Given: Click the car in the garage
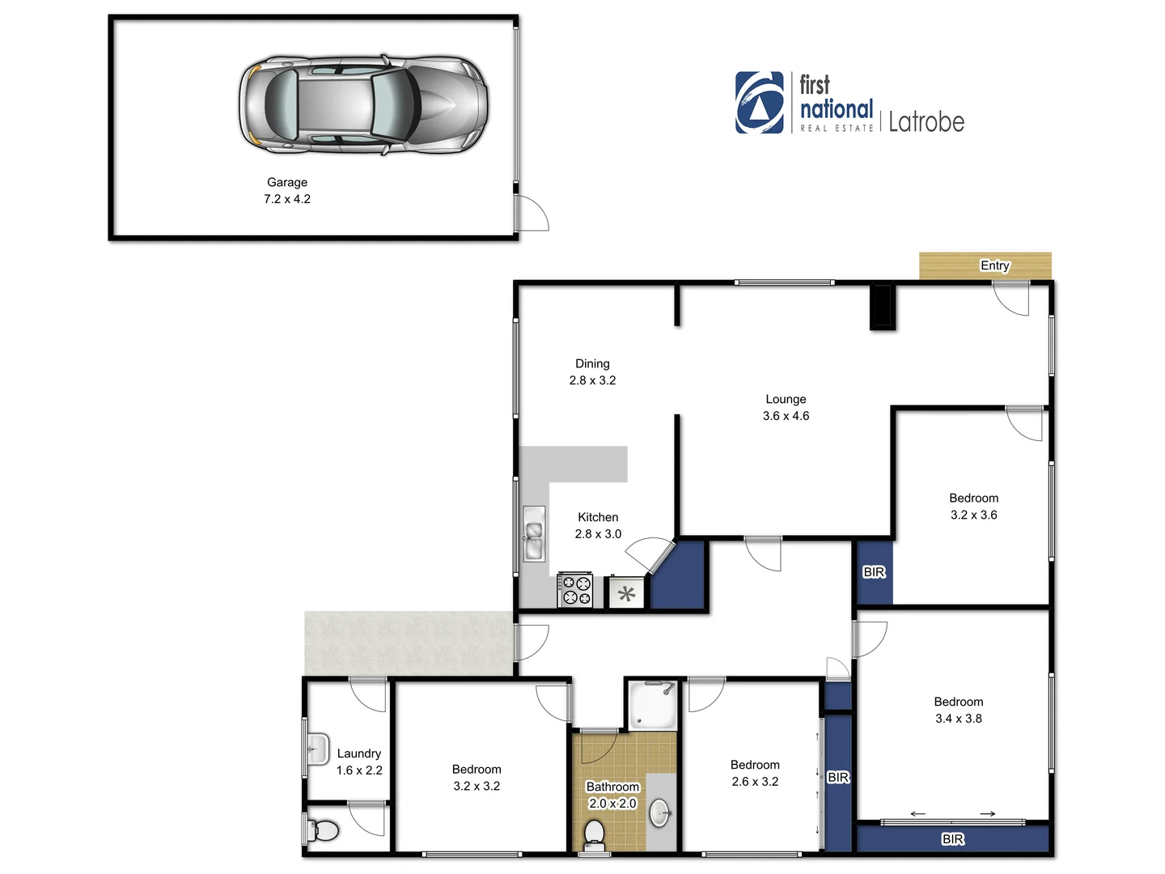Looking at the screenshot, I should click(363, 105).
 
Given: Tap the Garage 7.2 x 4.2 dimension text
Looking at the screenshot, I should click(287, 199).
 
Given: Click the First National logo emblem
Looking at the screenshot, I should click(759, 103).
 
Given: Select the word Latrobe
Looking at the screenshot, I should click(926, 122).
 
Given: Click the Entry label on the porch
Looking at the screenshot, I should click(994, 265).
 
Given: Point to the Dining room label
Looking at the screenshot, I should click(592, 364).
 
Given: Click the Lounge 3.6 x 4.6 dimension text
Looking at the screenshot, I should click(786, 416).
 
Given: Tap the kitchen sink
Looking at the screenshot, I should click(533, 533).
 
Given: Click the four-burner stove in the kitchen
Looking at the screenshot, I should click(575, 590).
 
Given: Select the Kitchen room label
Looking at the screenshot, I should click(598, 517).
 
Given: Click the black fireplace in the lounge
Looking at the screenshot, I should click(882, 307).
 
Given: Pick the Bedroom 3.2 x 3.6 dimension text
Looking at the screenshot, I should click(973, 515).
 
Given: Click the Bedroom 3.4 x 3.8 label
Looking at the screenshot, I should click(958, 710).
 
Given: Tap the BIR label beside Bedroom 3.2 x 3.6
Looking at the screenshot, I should click(874, 572).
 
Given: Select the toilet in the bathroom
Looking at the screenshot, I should click(595, 834).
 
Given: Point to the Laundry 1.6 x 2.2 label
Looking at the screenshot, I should click(359, 762).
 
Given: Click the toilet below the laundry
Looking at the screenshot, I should click(324, 830).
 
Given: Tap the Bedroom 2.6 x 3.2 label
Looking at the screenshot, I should click(755, 773).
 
